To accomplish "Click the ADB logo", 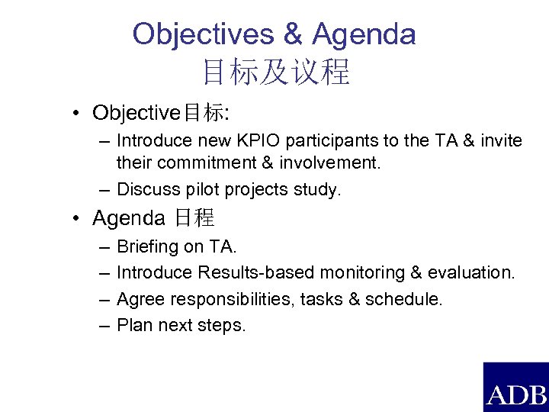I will click(x=516, y=387).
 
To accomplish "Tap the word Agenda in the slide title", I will click(x=364, y=34).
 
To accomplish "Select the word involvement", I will click(x=332, y=163).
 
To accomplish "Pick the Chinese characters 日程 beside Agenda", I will click(x=194, y=219).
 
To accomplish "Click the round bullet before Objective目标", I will click(x=78, y=114).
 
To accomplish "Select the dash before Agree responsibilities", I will click(x=103, y=299).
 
